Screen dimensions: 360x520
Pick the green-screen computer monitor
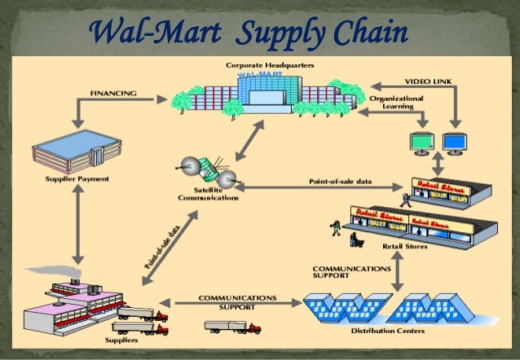tap(421, 143)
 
